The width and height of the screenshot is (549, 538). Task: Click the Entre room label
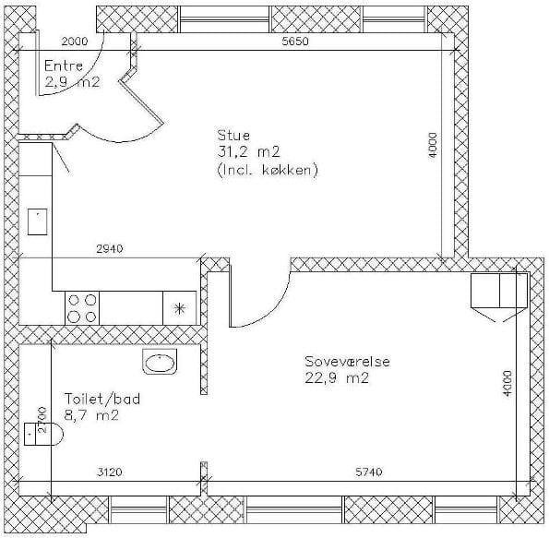tap(64, 66)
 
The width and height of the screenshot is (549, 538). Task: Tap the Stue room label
tap(233, 136)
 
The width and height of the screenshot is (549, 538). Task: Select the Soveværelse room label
tap(347, 362)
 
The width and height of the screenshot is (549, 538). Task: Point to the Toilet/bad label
tap(102, 399)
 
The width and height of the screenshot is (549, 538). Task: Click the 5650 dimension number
tap(295, 42)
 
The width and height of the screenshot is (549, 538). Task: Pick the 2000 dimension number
tap(75, 42)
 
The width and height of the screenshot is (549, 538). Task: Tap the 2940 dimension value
tap(110, 248)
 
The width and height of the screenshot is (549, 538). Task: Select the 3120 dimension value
tap(110, 472)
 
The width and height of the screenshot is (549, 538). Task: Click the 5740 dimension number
tap(369, 472)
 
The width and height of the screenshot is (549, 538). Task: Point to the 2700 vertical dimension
tap(42, 420)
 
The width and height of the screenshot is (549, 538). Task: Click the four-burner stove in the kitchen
tap(82, 308)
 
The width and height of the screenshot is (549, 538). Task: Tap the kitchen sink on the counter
tap(38, 221)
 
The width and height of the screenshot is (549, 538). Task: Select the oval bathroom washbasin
tap(160, 362)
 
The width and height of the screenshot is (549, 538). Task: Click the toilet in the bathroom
tap(43, 434)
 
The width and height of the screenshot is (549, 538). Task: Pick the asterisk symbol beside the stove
tap(180, 308)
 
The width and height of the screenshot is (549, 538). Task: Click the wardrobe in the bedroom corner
tap(499, 291)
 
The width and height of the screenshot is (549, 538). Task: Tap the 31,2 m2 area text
tap(248, 152)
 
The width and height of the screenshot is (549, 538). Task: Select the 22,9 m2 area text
tap(337, 378)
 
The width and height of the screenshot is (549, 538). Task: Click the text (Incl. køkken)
tap(268, 170)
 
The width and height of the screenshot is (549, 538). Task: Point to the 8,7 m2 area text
tap(91, 416)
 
